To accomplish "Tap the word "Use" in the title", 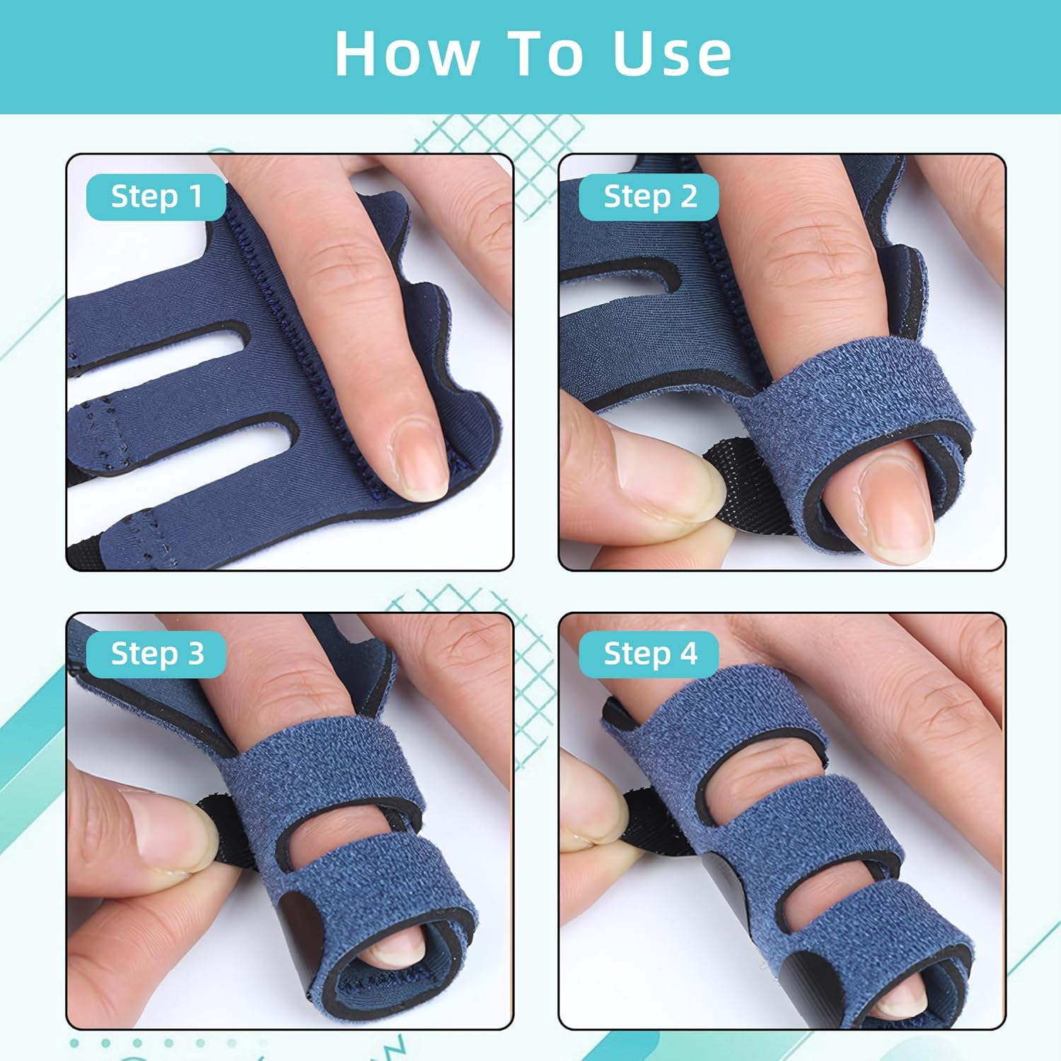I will click(x=672, y=54).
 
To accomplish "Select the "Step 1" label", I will click(x=156, y=197).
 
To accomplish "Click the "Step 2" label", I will click(x=649, y=197).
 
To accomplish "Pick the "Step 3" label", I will click(x=156, y=654).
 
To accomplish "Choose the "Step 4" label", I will click(x=649, y=654).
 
